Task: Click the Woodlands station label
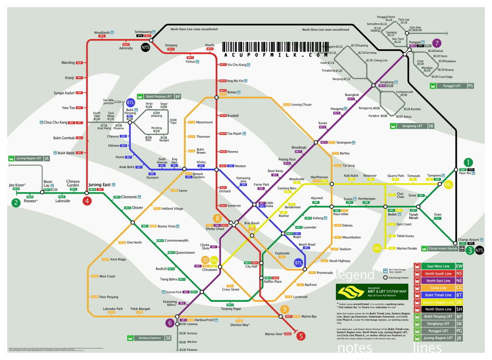[101, 32]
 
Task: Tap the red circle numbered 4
[87, 201]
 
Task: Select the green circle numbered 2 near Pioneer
[16, 202]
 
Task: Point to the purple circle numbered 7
[437, 43]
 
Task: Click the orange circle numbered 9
[285, 309]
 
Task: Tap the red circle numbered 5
[301, 336]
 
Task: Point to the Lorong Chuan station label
[301, 104]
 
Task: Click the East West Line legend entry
[437, 266]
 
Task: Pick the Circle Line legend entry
[437, 287]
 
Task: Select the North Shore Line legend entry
[437, 309]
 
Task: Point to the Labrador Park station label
[113, 309]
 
